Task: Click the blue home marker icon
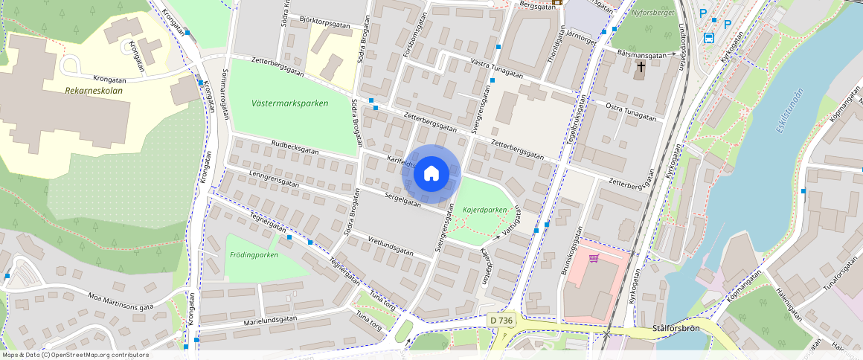(431, 174)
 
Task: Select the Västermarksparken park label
(289, 103)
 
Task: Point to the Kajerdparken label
(485, 210)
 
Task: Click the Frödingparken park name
(254, 255)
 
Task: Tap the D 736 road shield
(501, 320)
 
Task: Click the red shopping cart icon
(594, 259)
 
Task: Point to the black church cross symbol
(641, 68)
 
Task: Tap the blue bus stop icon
(708, 39)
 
